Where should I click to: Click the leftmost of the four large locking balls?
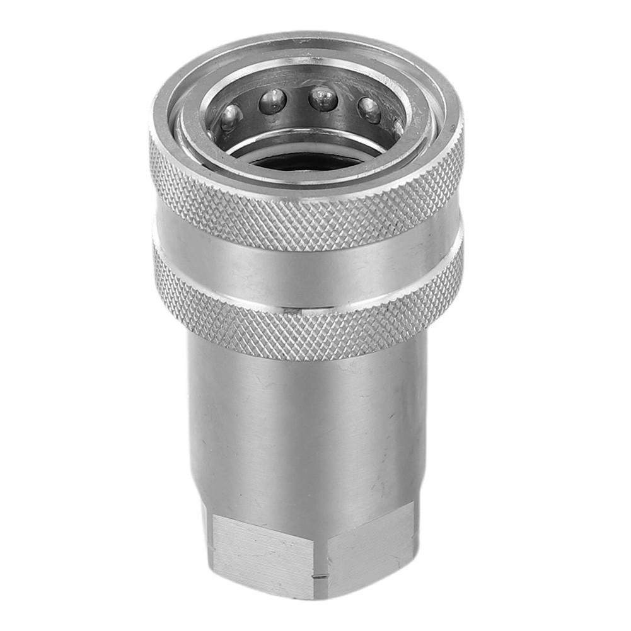tap(231, 116)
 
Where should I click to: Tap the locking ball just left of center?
tap(273, 100)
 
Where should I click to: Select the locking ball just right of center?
tap(323, 98)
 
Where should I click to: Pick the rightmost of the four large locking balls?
tap(369, 110)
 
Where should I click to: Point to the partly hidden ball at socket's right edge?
tap(398, 127)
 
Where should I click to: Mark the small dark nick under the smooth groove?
tap(290, 310)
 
